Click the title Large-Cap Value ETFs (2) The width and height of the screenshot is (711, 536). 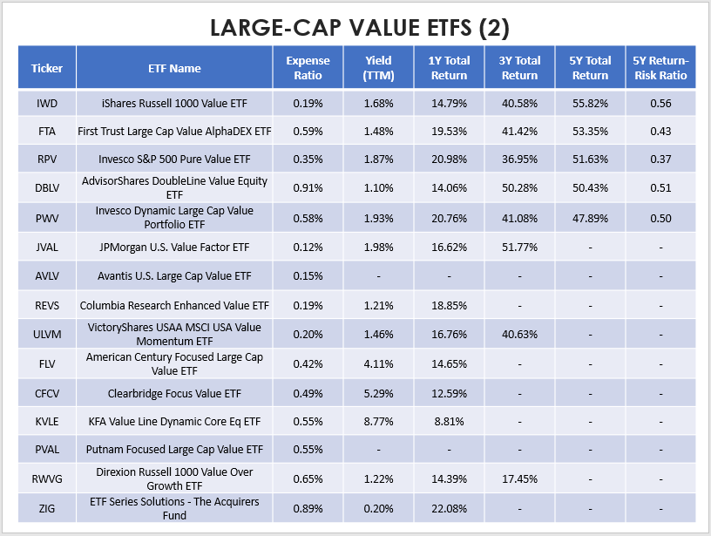[x=355, y=25]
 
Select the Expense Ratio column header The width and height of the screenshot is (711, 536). [x=308, y=68]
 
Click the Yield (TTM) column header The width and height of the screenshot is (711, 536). [x=379, y=68]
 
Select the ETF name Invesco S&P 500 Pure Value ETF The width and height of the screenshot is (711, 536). [x=174, y=161]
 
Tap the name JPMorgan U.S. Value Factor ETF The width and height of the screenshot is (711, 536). [x=174, y=248]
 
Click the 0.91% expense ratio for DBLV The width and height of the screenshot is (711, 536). [x=308, y=190]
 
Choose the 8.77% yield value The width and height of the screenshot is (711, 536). [x=379, y=421]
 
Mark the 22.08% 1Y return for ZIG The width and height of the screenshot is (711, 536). [x=450, y=507]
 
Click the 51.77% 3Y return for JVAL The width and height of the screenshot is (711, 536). [x=519, y=248]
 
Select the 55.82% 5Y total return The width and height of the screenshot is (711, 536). [x=590, y=104]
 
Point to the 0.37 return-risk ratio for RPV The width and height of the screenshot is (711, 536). [x=660, y=161]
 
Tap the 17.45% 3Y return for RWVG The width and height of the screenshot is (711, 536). [x=519, y=478]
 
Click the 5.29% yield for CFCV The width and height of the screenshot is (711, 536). [x=379, y=392]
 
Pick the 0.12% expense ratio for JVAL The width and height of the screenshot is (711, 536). [x=308, y=248]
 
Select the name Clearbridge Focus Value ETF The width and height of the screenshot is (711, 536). [x=174, y=392]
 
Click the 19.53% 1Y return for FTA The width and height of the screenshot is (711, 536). [x=450, y=132]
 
